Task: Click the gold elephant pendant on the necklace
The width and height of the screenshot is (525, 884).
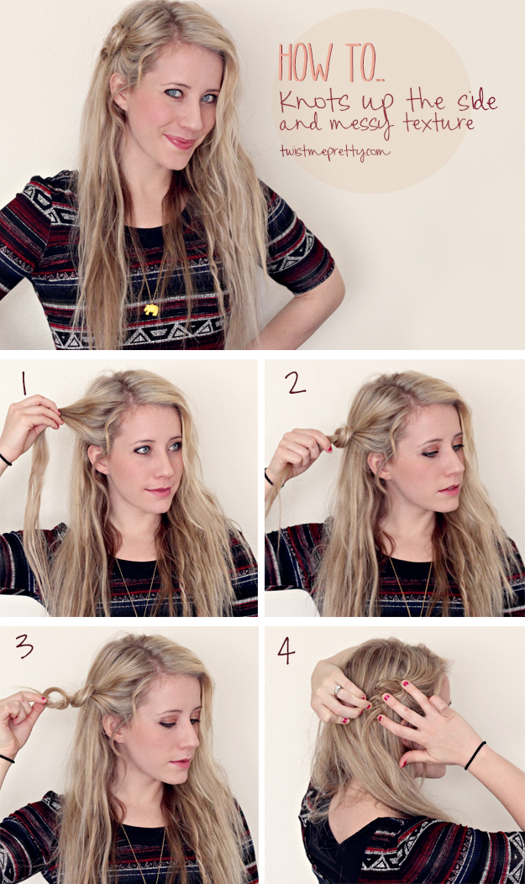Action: tap(150, 309)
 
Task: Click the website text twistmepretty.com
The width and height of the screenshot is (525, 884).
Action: tap(333, 151)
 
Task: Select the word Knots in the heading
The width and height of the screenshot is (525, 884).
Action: tap(314, 101)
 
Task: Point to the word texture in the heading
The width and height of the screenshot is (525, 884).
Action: tap(438, 123)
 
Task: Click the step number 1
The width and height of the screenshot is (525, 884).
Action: tap(24, 383)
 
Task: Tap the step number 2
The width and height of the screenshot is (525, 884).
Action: tap(295, 383)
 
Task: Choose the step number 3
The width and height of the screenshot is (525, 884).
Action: tap(24, 646)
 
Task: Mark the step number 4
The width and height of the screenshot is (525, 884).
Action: tap(286, 651)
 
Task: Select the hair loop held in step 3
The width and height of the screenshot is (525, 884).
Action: tap(55, 698)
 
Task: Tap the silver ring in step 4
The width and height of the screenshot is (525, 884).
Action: tap(338, 689)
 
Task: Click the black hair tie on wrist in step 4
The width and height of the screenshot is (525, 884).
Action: tap(475, 756)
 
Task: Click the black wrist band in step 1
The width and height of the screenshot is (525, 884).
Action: tap(5, 459)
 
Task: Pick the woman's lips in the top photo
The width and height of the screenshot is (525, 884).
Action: tap(179, 142)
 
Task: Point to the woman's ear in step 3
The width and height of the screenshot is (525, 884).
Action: tap(111, 729)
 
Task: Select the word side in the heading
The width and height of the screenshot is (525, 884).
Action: tap(477, 101)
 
